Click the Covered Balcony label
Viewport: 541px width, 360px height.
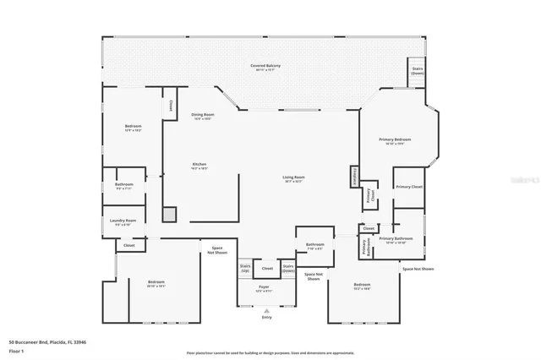tap(265, 67)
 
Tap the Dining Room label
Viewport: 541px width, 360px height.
tap(202, 116)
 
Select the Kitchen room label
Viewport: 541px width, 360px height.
tap(199, 166)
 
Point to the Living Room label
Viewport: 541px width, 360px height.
tap(293, 178)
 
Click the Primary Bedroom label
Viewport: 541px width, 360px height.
tap(396, 140)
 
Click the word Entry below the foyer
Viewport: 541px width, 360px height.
tap(267, 317)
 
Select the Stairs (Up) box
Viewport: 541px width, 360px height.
tap(245, 267)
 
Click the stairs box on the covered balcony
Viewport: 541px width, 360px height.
tap(417, 70)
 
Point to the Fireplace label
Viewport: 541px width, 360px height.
tap(352, 175)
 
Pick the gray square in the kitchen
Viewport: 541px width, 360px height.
tap(170, 215)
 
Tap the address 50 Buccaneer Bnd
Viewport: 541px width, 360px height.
tap(47, 342)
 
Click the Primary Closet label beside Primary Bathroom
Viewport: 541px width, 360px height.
tap(409, 186)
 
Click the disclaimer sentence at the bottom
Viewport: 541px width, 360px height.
tap(270, 352)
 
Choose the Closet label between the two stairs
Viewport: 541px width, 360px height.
tap(267, 268)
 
